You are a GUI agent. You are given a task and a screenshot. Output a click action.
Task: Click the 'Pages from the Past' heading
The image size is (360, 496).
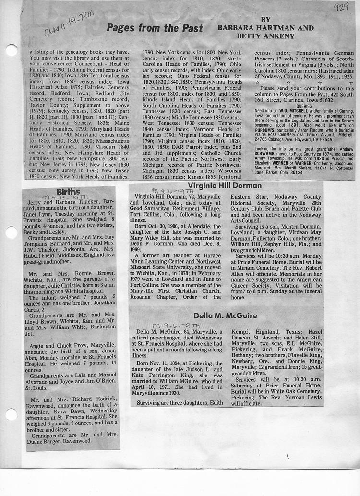155,28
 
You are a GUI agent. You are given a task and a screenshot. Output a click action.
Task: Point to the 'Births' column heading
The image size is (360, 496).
68,192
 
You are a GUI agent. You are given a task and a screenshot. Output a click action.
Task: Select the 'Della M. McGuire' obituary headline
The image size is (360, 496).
225,315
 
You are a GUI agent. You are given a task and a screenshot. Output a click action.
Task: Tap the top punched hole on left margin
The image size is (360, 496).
11,50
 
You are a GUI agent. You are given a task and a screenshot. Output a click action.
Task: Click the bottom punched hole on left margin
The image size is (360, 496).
11,414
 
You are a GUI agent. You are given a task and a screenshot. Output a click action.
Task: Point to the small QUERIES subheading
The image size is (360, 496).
304,106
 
